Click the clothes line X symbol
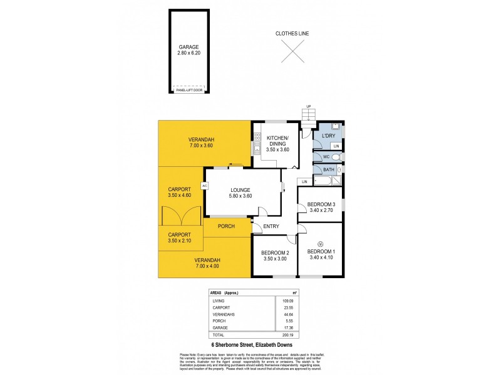(x=292, y=51)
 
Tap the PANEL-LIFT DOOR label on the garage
(x=189, y=90)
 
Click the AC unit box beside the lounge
(x=204, y=186)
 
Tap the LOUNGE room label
(x=240, y=190)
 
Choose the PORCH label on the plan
(x=226, y=226)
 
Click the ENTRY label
(x=271, y=227)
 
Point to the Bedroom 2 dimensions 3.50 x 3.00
(x=274, y=259)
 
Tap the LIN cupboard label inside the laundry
(x=336, y=146)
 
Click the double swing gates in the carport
(x=180, y=216)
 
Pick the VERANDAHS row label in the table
(x=222, y=314)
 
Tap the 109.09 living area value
(x=287, y=301)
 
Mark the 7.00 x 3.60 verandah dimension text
(x=202, y=145)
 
